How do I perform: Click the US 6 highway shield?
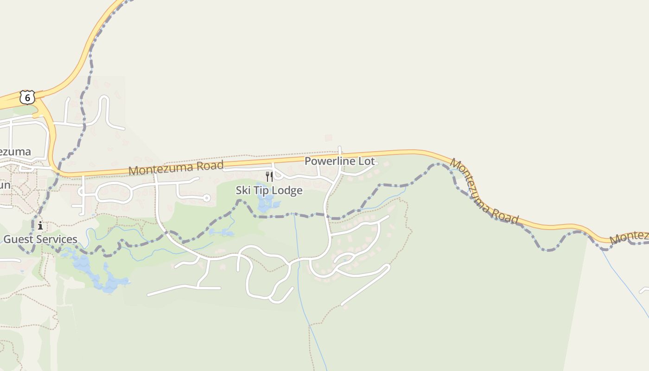[27, 97]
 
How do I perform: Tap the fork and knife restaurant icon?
[269, 176]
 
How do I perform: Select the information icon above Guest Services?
[40, 226]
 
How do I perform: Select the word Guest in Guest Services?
[19, 239]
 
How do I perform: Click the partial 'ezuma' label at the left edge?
[15, 152]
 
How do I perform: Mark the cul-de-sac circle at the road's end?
[207, 198]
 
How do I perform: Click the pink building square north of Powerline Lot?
[329, 138]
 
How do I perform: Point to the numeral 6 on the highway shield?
[27, 98]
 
